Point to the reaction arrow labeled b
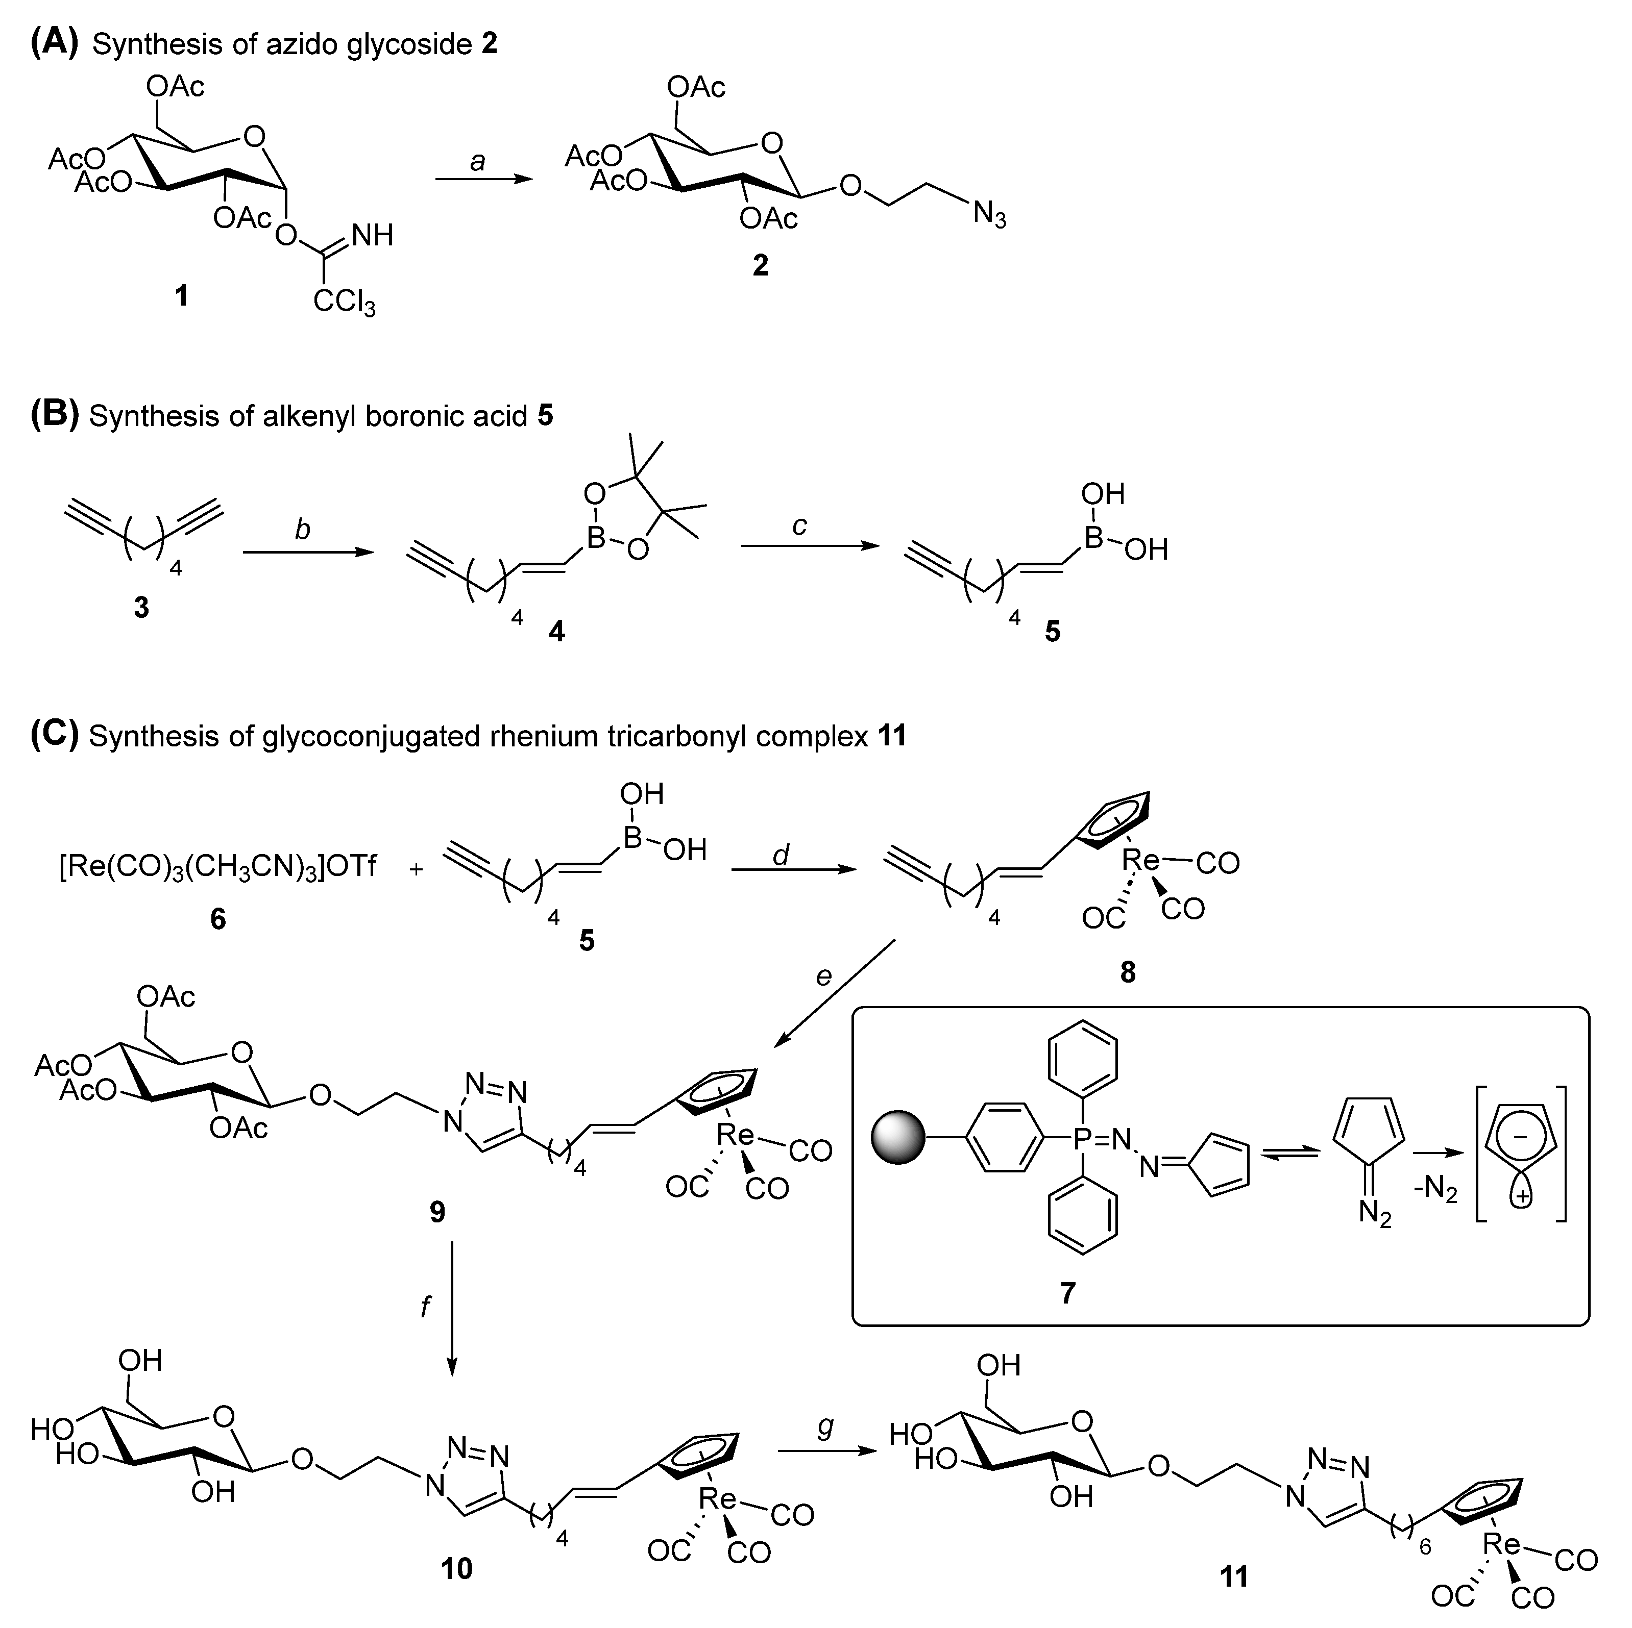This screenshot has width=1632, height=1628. pos(307,552)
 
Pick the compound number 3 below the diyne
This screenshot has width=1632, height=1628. pos(141,606)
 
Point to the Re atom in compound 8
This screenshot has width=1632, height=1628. pos(1141,861)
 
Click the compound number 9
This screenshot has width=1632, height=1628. pos(437,1213)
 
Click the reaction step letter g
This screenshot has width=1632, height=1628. pos(825,1426)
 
